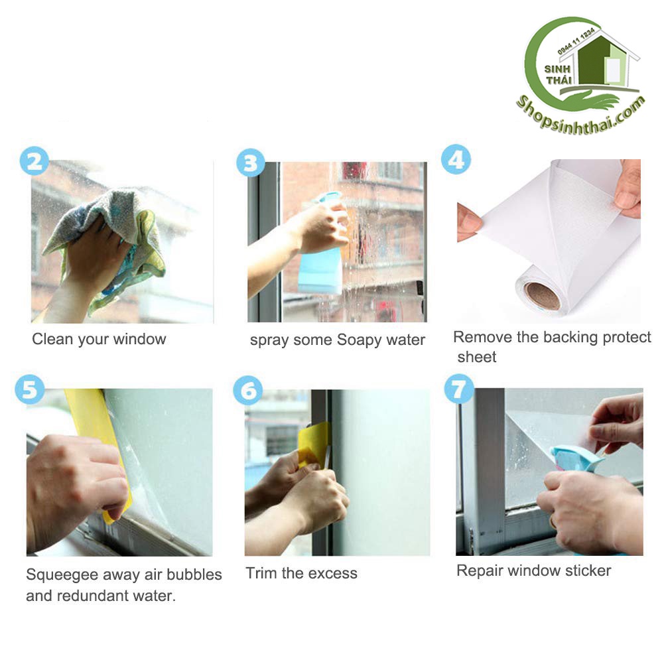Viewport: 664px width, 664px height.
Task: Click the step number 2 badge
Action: [x=34, y=161]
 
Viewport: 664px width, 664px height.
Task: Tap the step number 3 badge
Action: [x=251, y=163]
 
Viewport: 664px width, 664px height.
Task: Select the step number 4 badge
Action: [x=456, y=159]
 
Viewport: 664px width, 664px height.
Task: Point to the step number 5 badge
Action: [x=30, y=389]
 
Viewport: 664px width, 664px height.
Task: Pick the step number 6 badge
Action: [x=247, y=390]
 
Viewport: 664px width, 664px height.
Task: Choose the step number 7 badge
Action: [x=459, y=389]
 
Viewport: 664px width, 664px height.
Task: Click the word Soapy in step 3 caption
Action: [x=355, y=340]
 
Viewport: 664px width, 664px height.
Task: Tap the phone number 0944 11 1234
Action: [x=576, y=42]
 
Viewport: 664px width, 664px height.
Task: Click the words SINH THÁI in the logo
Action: [x=558, y=74]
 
